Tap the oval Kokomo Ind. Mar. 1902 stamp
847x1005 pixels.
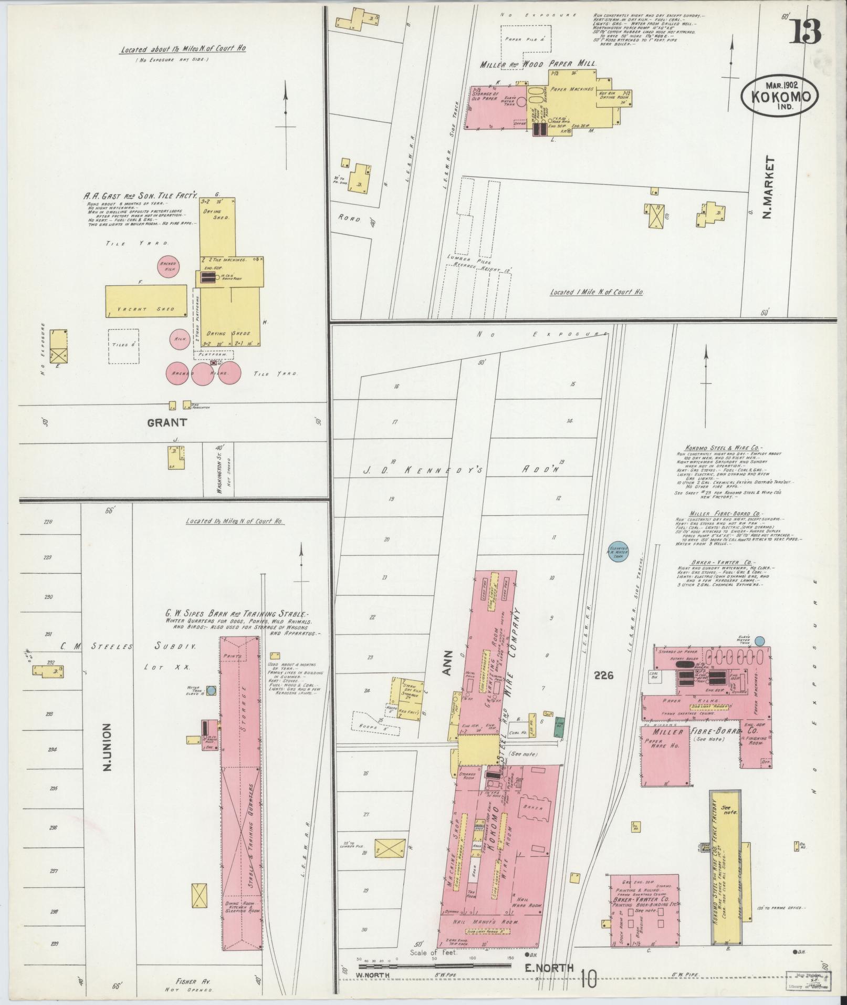click(x=780, y=97)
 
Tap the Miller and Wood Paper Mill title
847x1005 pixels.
click(x=537, y=64)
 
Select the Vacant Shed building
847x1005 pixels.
click(x=146, y=301)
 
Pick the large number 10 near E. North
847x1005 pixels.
click(x=589, y=978)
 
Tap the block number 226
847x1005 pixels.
click(x=604, y=676)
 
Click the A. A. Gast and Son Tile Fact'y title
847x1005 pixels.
click(x=141, y=195)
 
